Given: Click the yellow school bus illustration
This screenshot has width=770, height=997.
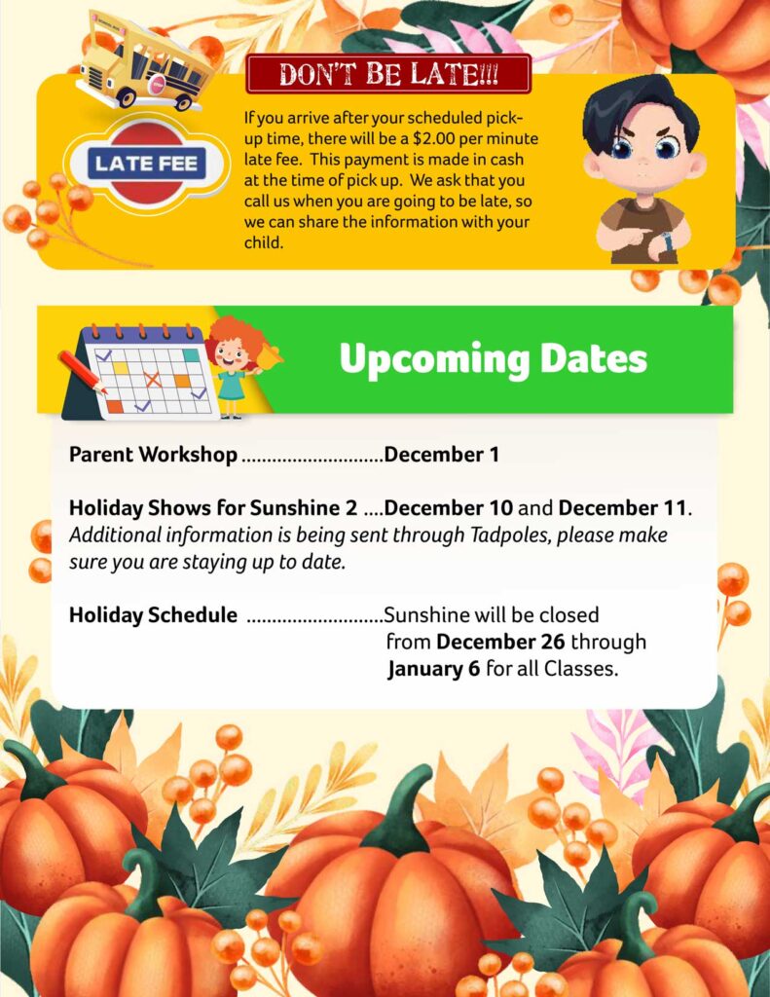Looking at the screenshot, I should (x=144, y=60).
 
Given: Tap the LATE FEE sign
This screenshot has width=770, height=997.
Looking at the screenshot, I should (x=145, y=163).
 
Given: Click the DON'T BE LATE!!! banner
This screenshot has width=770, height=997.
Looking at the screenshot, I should (x=388, y=74).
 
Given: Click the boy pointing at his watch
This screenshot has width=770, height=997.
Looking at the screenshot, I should (x=642, y=170).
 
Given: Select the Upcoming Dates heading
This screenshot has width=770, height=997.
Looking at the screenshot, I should (x=493, y=359).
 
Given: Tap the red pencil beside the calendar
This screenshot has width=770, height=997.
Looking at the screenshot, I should (x=83, y=371).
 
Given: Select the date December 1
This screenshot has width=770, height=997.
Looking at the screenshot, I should (x=442, y=455).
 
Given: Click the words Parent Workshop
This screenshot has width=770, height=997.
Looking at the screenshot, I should (x=153, y=455).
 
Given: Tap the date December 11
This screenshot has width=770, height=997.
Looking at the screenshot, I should (x=623, y=508).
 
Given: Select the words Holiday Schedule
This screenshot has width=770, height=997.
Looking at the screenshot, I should (x=153, y=615).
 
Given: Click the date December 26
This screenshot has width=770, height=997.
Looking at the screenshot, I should (x=500, y=643).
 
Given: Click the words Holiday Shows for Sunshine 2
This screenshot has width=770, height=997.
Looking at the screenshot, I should (x=213, y=508).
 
